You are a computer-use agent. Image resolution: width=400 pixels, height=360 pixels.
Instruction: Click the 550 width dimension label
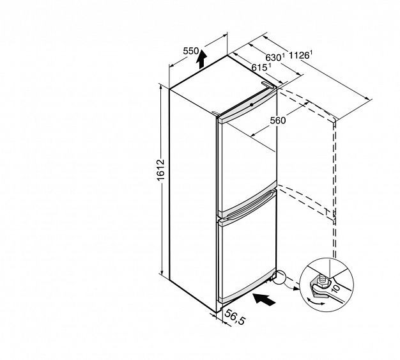tap(190, 51)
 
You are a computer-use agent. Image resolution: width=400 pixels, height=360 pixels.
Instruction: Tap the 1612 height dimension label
tap(161, 170)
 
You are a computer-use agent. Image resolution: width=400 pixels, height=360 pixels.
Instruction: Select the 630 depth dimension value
tap(273, 58)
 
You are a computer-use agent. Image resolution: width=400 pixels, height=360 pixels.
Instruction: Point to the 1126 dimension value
tap(299, 55)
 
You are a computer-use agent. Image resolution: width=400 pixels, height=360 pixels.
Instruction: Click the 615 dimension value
tap(259, 67)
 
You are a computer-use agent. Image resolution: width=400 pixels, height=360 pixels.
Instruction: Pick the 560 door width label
tap(278, 120)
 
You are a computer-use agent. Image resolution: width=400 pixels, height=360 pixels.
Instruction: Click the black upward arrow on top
tap(202, 59)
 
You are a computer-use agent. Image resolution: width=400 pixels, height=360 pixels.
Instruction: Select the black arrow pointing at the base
tap(264, 299)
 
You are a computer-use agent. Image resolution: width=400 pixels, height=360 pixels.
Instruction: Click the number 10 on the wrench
tap(335, 288)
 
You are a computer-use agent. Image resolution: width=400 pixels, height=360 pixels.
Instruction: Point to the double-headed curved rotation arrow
tap(315, 301)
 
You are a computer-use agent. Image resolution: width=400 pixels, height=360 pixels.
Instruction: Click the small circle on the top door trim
tap(252, 104)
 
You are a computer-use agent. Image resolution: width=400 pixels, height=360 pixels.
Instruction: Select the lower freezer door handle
tap(247, 207)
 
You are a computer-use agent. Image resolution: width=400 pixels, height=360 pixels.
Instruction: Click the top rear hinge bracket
tap(267, 84)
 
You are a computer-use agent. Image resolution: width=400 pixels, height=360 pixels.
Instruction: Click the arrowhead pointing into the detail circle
tap(296, 289)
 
